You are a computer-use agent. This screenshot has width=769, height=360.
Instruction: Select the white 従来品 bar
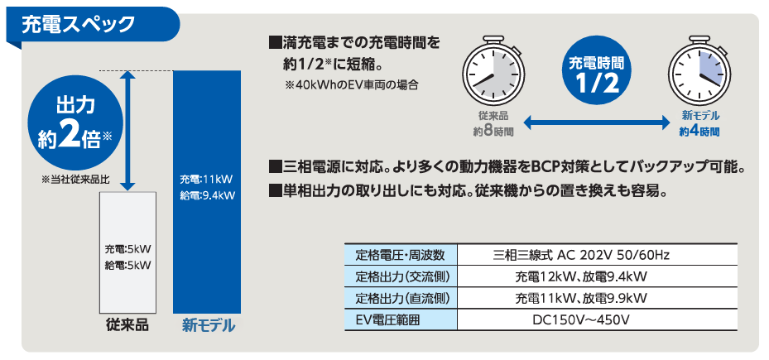(x=127, y=252)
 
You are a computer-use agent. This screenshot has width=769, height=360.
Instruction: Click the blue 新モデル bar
(x=208, y=192)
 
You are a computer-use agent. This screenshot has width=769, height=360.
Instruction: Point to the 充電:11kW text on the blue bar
(x=206, y=179)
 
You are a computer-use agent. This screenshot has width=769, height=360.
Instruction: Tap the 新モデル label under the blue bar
(x=208, y=326)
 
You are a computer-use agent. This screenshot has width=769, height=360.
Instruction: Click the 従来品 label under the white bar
(x=127, y=326)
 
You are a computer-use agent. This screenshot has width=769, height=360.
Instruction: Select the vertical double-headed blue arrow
(x=127, y=131)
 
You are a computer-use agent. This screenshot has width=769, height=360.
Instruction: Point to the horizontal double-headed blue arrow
(x=596, y=123)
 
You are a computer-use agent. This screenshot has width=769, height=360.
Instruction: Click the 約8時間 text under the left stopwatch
(x=493, y=132)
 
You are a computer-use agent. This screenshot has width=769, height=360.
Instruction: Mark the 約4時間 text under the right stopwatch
(x=699, y=132)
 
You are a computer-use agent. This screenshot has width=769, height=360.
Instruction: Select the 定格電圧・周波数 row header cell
(x=400, y=255)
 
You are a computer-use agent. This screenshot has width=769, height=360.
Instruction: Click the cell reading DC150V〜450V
(x=580, y=320)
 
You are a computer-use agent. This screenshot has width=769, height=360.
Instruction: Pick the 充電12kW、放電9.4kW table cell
(x=580, y=277)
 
